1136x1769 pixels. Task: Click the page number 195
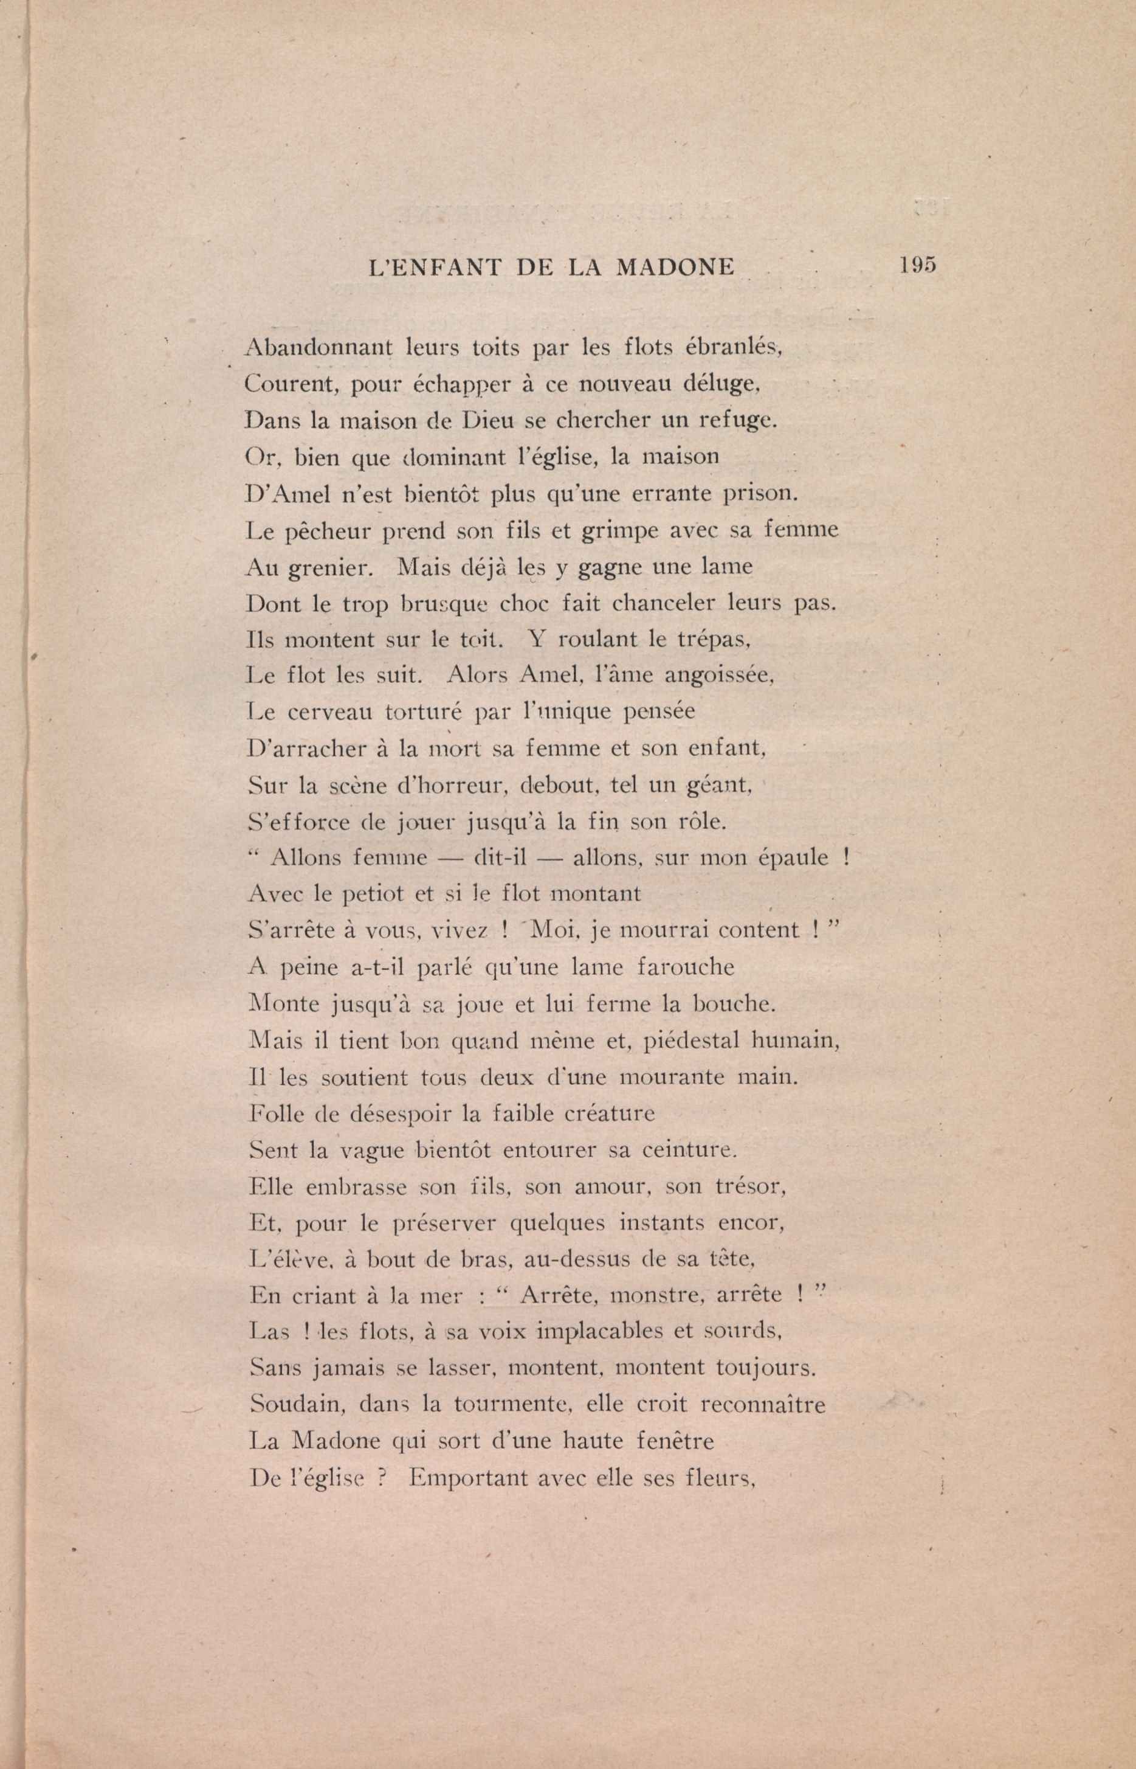[917, 265]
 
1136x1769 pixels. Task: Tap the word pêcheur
[326, 531]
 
